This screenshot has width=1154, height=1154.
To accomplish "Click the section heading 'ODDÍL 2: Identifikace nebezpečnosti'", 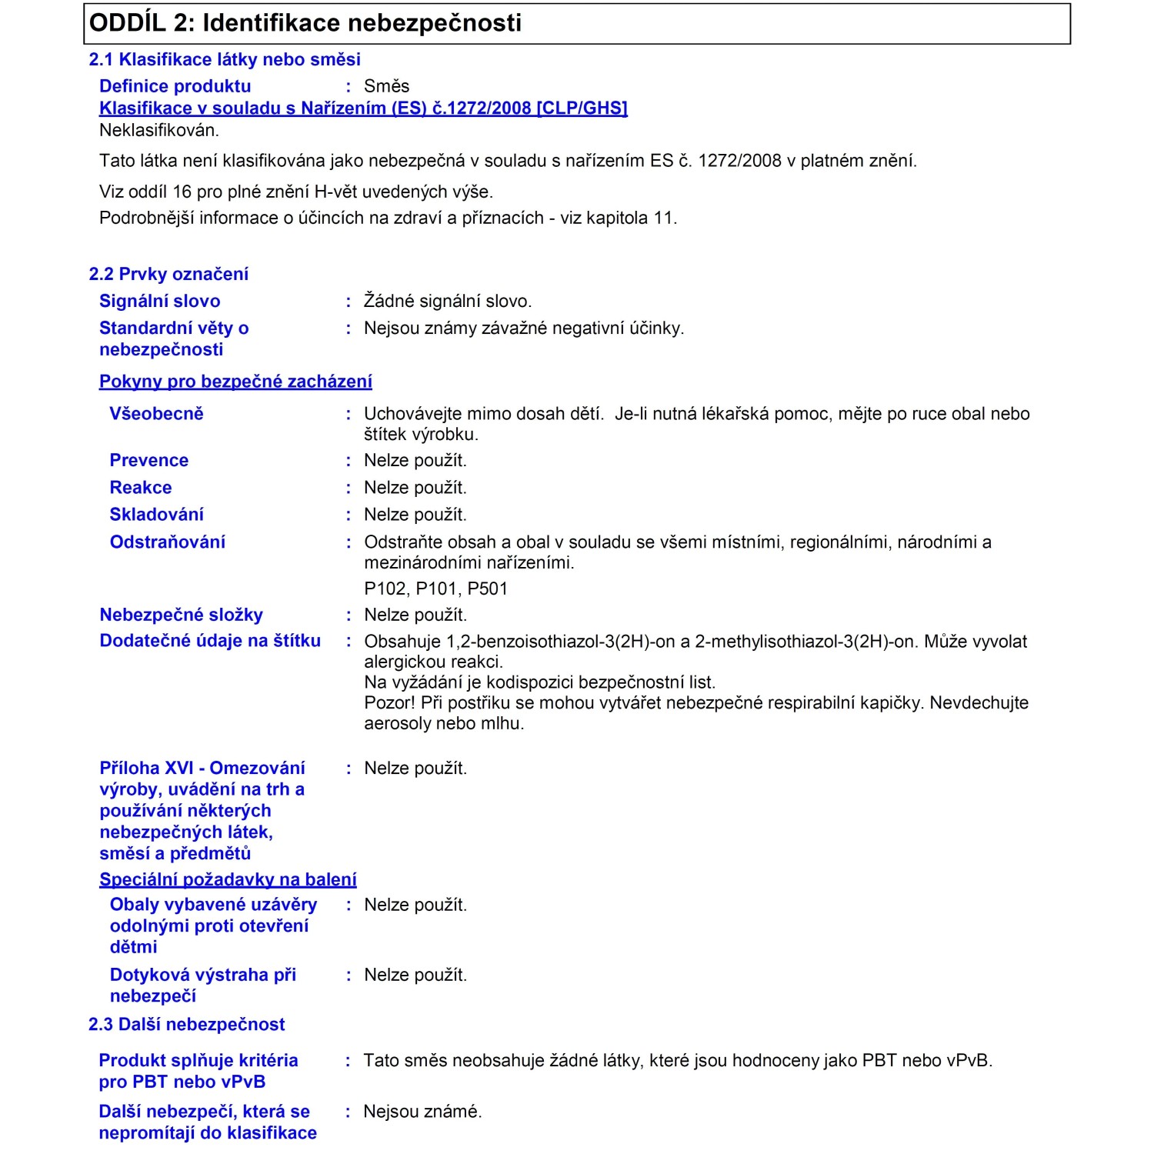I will pyautogui.click(x=305, y=23).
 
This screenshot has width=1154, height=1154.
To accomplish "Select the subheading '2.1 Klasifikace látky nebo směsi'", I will pyautogui.click(x=225, y=59).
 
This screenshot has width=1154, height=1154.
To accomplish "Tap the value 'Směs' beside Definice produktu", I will pyautogui.click(x=386, y=86).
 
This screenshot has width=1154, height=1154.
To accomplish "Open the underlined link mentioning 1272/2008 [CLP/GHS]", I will pyautogui.click(x=363, y=108).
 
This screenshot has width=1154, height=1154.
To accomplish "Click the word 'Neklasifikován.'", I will pyautogui.click(x=159, y=130).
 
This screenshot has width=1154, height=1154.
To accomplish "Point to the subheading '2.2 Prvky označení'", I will pyautogui.click(x=168, y=274).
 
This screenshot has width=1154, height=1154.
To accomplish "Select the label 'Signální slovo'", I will pyautogui.click(x=159, y=301).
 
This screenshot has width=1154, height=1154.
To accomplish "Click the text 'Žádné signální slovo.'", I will pyautogui.click(x=448, y=301).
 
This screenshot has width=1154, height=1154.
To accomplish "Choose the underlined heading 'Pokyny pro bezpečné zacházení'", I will pyautogui.click(x=235, y=382).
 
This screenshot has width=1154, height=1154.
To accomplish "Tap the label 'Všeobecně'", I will pyautogui.click(x=156, y=414).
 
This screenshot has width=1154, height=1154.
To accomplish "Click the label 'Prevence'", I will pyautogui.click(x=148, y=460).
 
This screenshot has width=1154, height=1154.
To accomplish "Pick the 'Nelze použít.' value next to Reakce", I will pyautogui.click(x=415, y=488).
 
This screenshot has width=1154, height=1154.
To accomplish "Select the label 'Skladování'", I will pyautogui.click(x=156, y=514).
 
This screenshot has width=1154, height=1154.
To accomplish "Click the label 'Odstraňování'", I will pyautogui.click(x=167, y=542).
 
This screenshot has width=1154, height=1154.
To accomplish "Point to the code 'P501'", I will pyautogui.click(x=488, y=589).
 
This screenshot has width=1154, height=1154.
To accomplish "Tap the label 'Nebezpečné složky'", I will pyautogui.click(x=181, y=615).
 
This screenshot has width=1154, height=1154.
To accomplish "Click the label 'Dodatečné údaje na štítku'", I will pyautogui.click(x=210, y=641).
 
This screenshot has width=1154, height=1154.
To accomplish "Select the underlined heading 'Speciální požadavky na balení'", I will pyautogui.click(x=228, y=879).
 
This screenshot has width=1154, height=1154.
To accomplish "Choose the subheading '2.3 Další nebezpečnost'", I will pyautogui.click(x=186, y=1024).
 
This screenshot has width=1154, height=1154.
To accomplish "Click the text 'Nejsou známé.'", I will pyautogui.click(x=422, y=1111).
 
